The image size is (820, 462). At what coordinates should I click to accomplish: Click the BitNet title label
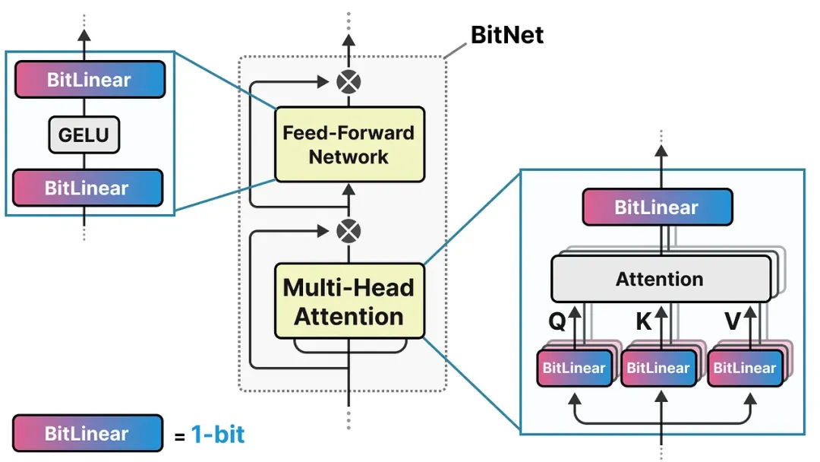507,35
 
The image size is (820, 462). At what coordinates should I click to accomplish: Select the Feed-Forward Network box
348,144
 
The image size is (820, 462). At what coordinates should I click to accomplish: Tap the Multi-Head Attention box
348,301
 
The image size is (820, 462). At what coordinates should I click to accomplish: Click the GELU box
84,135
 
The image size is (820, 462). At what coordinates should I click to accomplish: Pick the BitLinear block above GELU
88,80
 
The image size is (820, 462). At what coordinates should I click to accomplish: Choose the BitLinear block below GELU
88,188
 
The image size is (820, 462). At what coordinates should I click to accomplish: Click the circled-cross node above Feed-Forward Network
348,81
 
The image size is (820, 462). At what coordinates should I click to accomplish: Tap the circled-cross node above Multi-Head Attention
348,229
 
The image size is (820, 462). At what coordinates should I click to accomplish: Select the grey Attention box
659,279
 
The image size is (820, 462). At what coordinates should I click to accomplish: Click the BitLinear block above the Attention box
657,207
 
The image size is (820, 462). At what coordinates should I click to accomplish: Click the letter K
644,322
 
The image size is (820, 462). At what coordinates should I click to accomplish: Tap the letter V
732,322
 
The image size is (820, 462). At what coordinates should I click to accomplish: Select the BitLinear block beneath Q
573,369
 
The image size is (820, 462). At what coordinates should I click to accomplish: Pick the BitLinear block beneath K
658,369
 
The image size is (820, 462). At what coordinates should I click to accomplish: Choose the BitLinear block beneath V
744,369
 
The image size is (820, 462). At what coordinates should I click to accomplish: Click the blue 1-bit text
217,435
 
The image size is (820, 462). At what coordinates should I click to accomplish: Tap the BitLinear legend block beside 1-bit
88,434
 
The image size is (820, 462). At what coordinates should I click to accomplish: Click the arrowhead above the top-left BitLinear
84,36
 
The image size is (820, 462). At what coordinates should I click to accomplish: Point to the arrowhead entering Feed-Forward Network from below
348,190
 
